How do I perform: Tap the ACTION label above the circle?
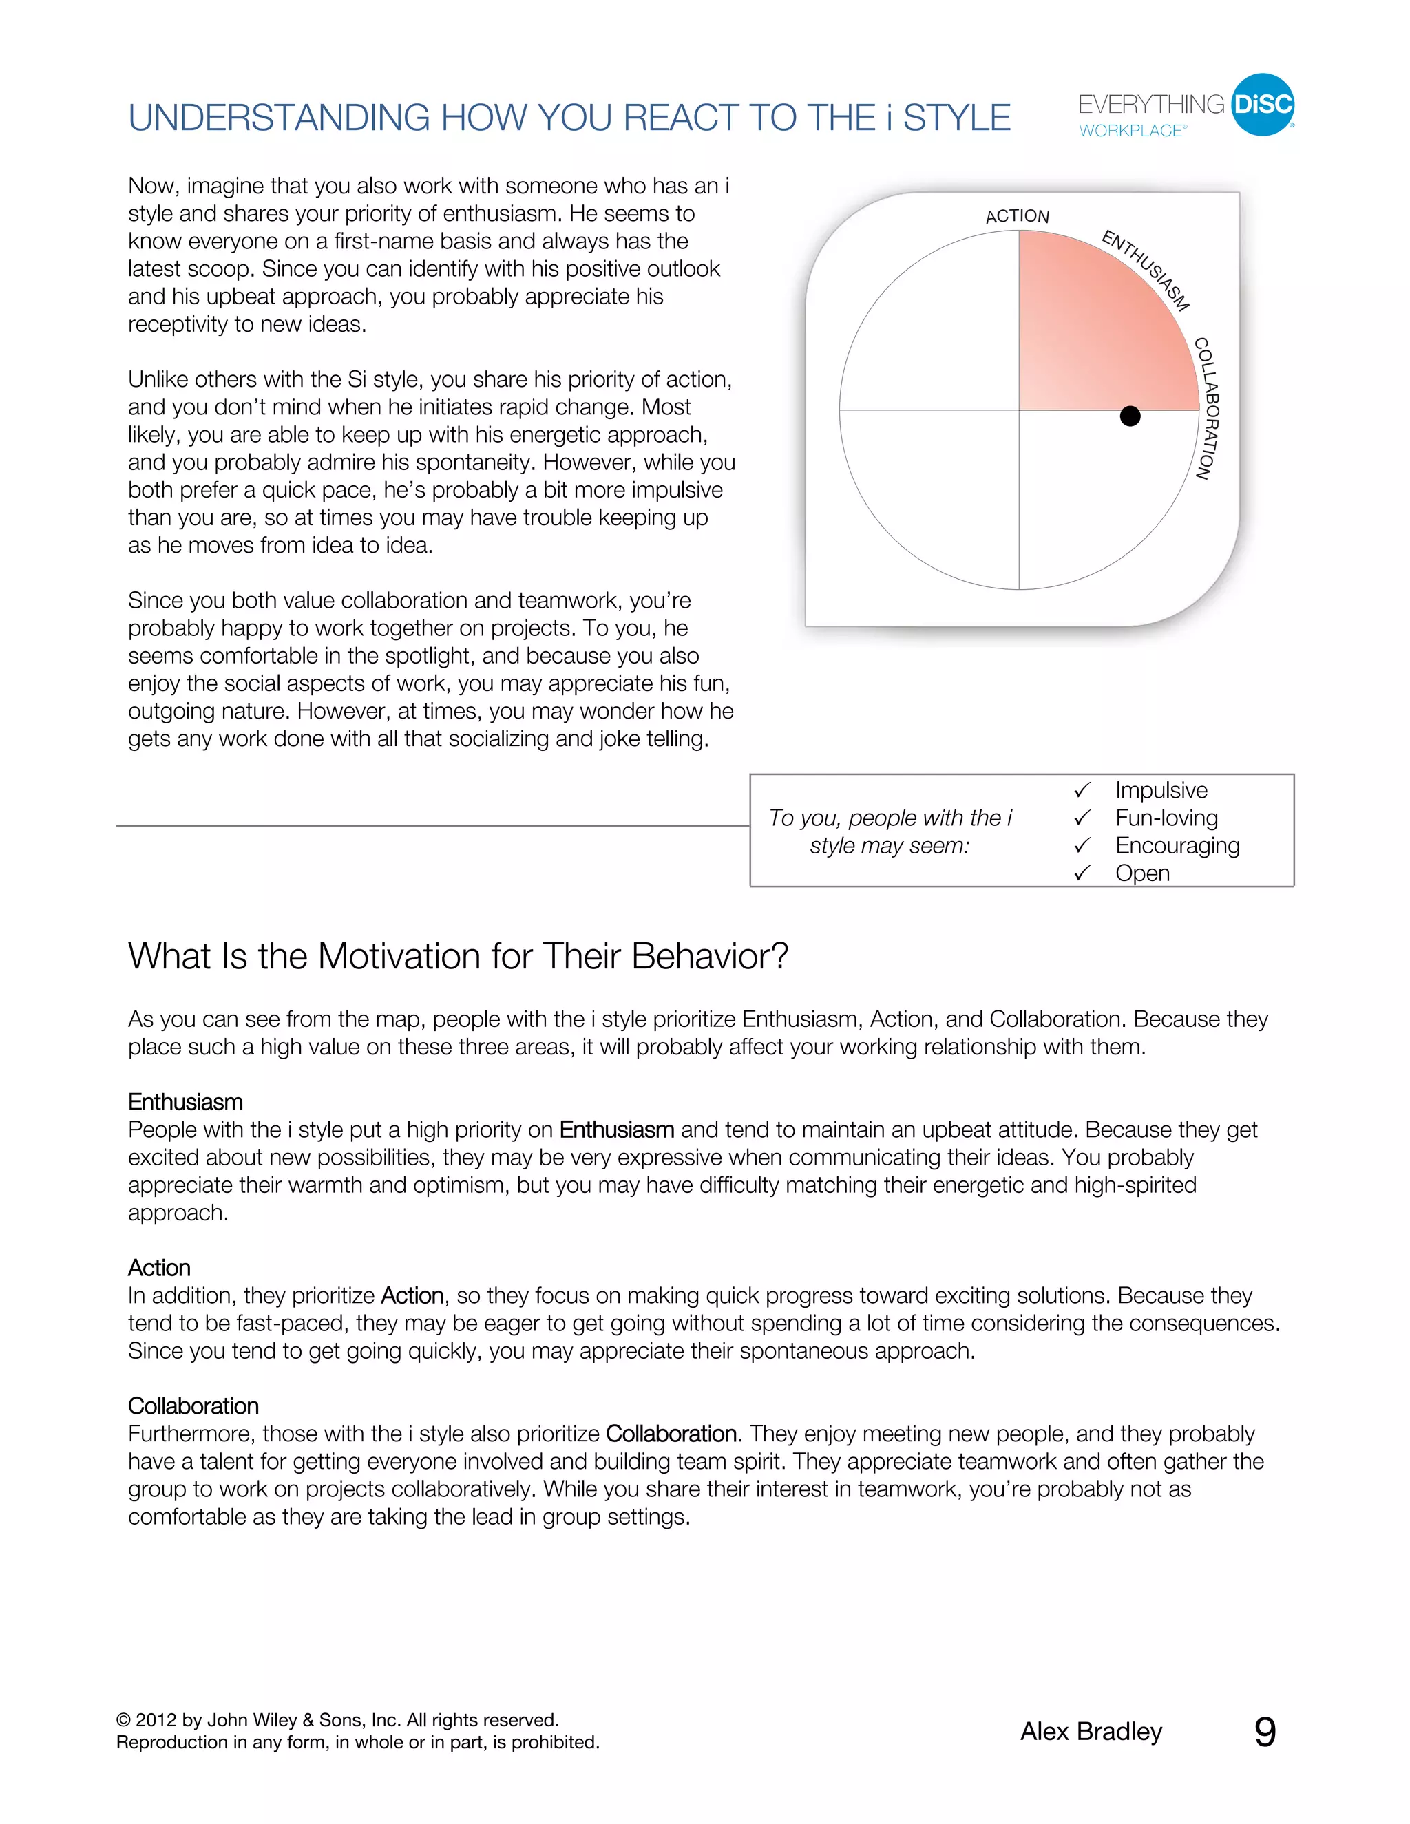point(1017,216)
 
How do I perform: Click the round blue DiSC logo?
point(1262,105)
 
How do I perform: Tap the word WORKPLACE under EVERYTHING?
point(1131,131)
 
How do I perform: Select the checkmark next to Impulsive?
point(1082,790)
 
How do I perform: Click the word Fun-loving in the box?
point(1166,818)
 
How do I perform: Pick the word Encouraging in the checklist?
point(1177,845)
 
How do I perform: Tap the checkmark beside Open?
point(1082,873)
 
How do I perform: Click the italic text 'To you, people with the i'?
point(890,818)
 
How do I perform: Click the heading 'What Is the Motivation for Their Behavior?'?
point(458,956)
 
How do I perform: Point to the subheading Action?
point(159,1268)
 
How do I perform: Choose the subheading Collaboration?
point(193,1406)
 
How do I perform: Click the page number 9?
point(1265,1732)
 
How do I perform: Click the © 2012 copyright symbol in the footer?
point(124,1721)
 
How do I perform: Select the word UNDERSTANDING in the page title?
point(279,118)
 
